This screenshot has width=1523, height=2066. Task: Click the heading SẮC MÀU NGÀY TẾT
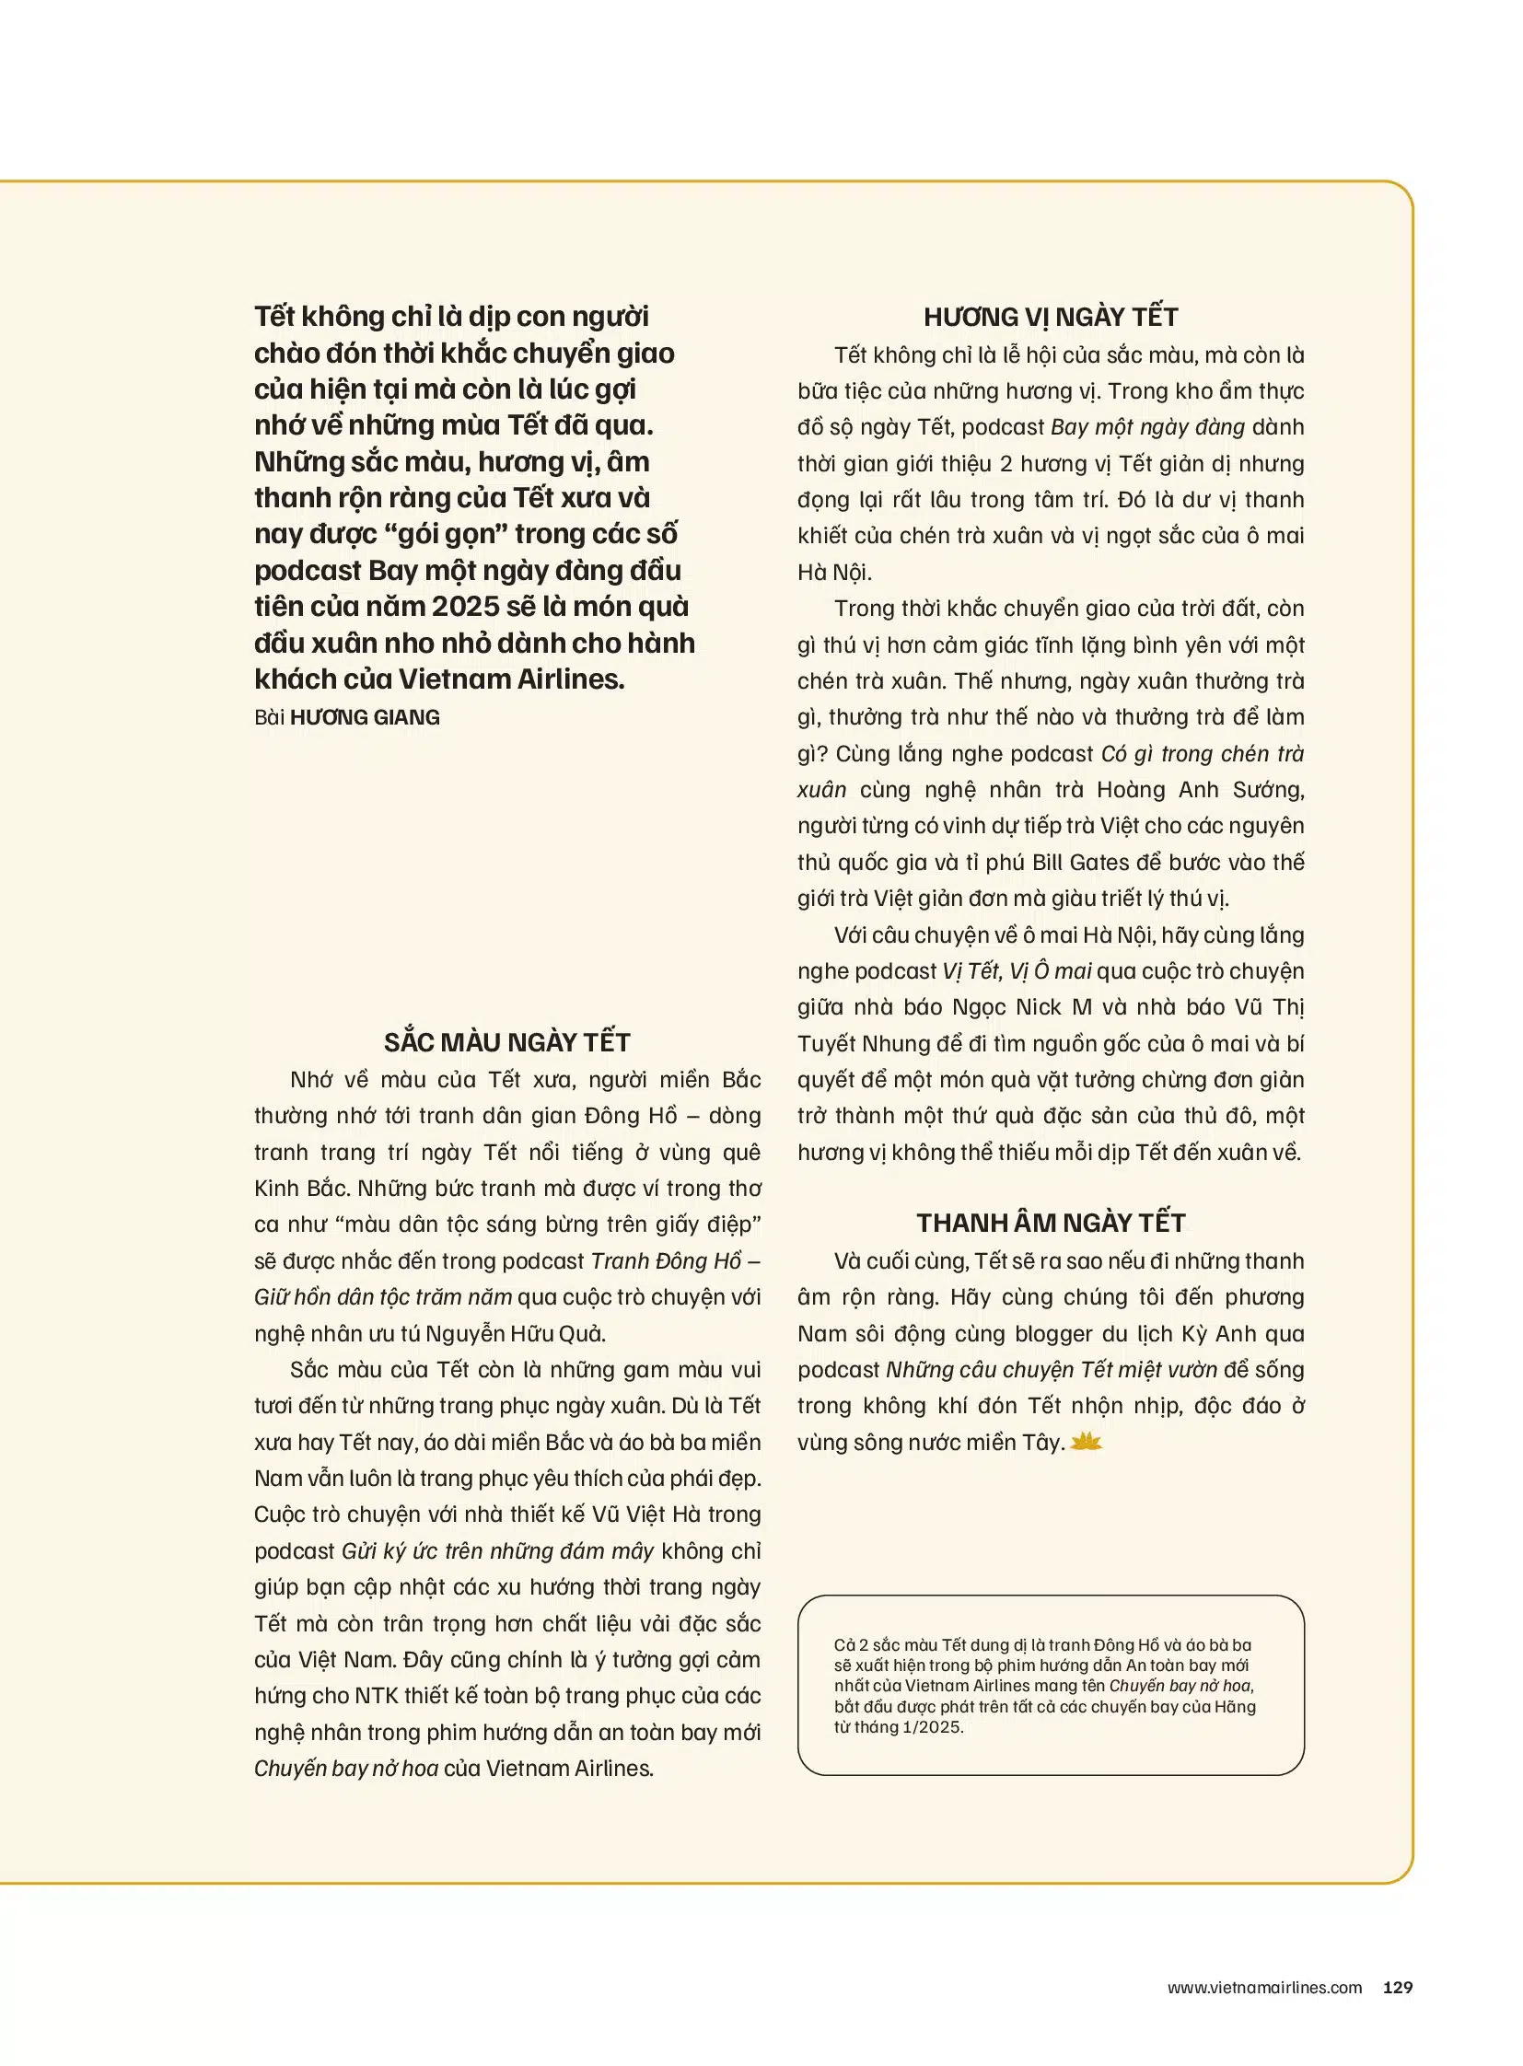[x=507, y=1042]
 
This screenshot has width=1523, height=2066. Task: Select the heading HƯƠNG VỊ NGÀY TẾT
[x=1050, y=317]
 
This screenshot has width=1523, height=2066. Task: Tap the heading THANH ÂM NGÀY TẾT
[x=1050, y=1223]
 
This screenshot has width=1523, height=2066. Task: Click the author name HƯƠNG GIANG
[x=364, y=717]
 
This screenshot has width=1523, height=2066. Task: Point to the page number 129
[x=1398, y=1987]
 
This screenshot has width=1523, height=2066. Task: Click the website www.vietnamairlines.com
[x=1264, y=1987]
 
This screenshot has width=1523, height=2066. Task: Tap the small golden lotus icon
[x=1087, y=1442]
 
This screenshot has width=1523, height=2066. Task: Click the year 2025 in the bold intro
[x=466, y=607]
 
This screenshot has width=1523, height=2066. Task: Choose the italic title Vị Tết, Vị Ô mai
[x=1017, y=970]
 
